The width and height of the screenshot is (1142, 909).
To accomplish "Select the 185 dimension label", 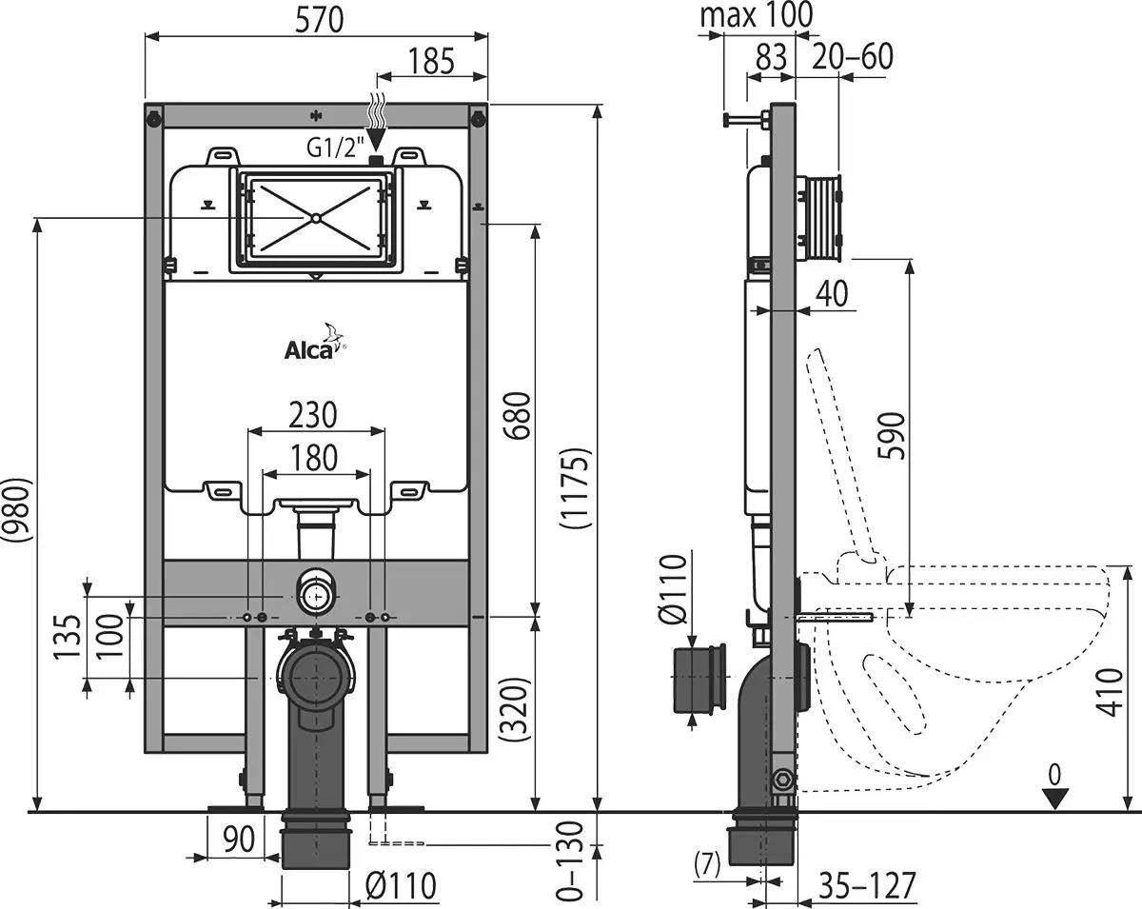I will pos(431,61).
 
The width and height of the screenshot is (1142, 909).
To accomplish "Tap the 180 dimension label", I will pos(315,457).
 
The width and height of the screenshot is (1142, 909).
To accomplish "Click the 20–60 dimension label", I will pos(853,57).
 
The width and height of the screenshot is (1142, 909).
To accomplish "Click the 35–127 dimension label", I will pos(867,885).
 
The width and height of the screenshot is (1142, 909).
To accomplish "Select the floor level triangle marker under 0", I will pos(1054,799).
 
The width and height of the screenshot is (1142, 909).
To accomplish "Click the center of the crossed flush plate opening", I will pos(314,217).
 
